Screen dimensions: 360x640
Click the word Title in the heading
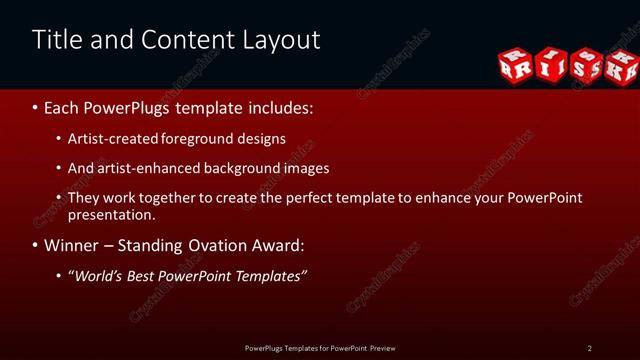click(x=54, y=40)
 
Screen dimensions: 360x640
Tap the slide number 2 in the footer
click(x=589, y=348)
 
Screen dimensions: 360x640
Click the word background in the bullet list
click(x=240, y=168)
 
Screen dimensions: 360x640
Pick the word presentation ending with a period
click(x=110, y=214)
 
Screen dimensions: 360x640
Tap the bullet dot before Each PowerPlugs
click(x=35, y=107)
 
